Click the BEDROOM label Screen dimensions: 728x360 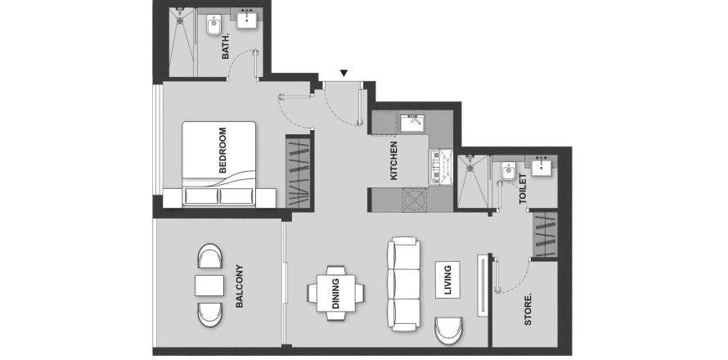click(222, 150)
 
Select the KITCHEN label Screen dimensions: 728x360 click(394, 160)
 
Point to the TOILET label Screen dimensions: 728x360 click(524, 189)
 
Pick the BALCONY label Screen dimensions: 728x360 click(240, 286)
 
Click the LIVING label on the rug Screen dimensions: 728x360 click(447, 280)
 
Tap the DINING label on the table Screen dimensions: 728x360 click(335, 294)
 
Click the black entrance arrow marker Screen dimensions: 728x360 click(344, 73)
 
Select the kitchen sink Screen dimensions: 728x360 click(412, 124)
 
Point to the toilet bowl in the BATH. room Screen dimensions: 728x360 click(213, 25)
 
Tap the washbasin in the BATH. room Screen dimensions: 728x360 click(246, 19)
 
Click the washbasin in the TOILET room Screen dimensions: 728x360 click(542, 166)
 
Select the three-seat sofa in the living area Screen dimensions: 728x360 click(404, 284)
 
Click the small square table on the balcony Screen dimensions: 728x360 click(209, 286)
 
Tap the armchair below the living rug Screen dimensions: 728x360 click(449, 331)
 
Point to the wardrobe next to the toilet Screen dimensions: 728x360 click(545, 235)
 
